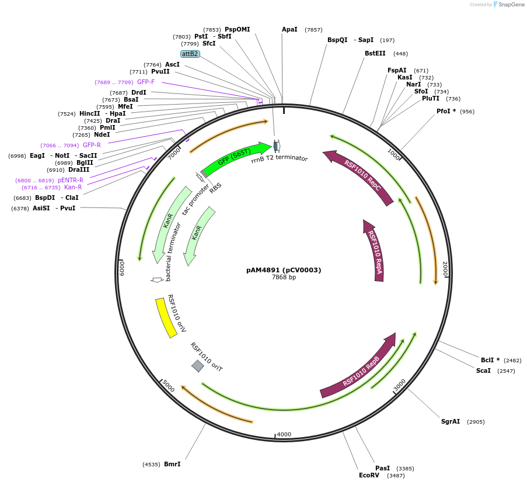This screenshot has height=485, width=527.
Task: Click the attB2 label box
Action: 190,54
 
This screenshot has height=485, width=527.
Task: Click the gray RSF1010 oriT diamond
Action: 198,366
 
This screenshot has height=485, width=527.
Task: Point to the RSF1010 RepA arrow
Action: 375,251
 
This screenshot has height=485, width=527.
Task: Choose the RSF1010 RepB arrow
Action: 361,368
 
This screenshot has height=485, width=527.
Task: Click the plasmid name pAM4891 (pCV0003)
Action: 284,270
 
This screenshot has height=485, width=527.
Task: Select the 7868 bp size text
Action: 284,278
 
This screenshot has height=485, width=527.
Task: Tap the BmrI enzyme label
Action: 172,464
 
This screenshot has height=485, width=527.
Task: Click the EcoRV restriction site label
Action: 369,475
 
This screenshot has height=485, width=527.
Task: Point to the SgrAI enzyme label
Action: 451,421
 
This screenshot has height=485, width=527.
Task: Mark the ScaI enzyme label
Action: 483,370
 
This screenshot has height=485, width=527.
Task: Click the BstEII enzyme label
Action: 375,53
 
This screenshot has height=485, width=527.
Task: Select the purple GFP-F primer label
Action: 146,82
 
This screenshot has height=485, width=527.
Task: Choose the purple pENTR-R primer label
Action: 70,180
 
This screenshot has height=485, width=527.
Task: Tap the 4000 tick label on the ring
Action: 284,435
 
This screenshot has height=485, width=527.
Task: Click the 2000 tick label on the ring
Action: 445,269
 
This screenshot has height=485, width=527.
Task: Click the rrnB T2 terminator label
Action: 280,158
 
